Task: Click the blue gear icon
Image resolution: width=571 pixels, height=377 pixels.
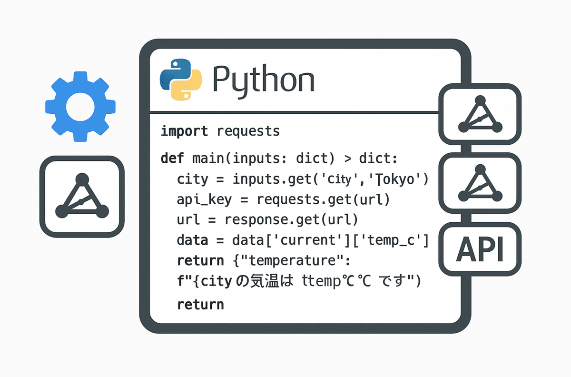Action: click(x=80, y=107)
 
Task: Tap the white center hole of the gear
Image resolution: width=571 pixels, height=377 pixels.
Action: click(x=80, y=107)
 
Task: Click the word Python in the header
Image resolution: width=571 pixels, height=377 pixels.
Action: click(x=263, y=79)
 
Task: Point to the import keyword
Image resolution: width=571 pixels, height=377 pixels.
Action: click(x=184, y=131)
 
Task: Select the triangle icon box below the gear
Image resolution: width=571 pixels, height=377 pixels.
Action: click(x=82, y=196)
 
